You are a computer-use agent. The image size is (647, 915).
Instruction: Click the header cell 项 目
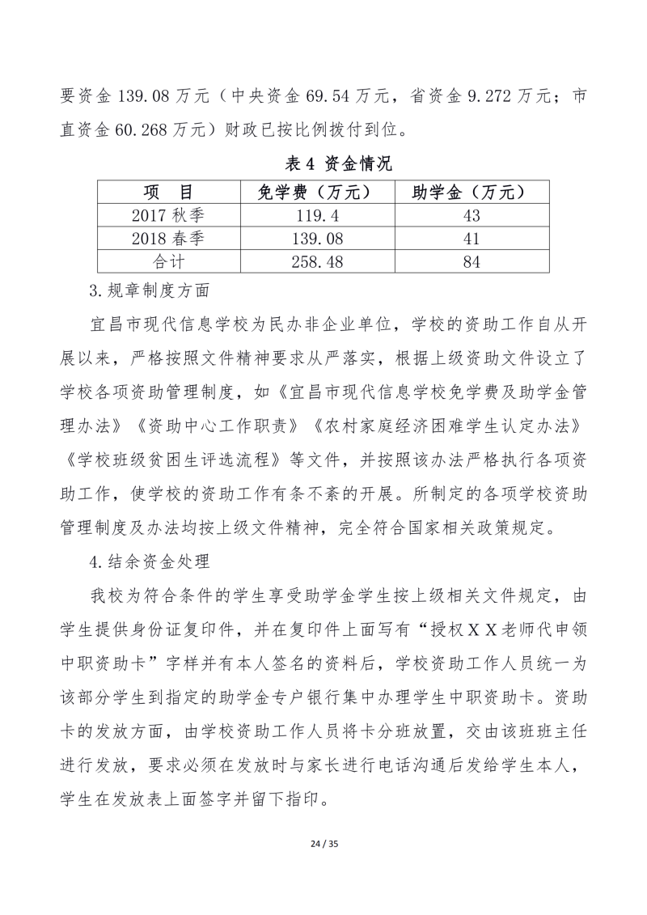coord(169,192)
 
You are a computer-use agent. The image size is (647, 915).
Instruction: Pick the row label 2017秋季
coord(169,215)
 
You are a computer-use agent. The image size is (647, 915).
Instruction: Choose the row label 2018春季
coord(169,239)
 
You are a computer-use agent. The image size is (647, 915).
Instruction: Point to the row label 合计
coord(169,262)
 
